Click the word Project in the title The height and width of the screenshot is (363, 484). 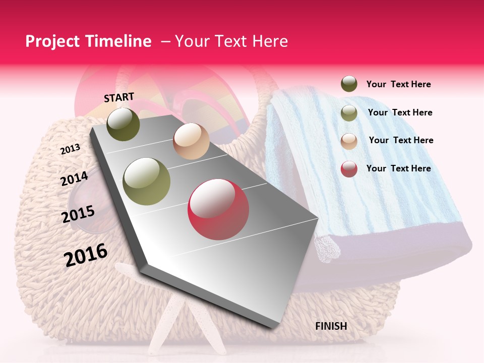point(52,41)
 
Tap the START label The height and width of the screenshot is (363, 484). point(119,97)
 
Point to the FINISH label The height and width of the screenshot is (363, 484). point(331,326)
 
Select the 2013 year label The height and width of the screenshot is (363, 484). point(70,149)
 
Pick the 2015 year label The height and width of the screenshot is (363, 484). point(78,214)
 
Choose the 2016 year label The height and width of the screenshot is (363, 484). point(86,255)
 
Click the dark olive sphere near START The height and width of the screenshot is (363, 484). point(123,124)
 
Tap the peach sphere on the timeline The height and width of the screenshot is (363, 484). point(191,141)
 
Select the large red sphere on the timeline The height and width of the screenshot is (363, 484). point(218,209)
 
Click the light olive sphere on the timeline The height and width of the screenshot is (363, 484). point(147,181)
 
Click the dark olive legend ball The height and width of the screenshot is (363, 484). point(349,84)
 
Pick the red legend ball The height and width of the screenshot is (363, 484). point(349,169)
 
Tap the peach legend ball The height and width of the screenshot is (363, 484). point(349,141)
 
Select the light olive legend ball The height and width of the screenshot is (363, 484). point(349,113)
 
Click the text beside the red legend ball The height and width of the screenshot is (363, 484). point(399,168)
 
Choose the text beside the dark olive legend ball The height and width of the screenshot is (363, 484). point(399,84)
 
